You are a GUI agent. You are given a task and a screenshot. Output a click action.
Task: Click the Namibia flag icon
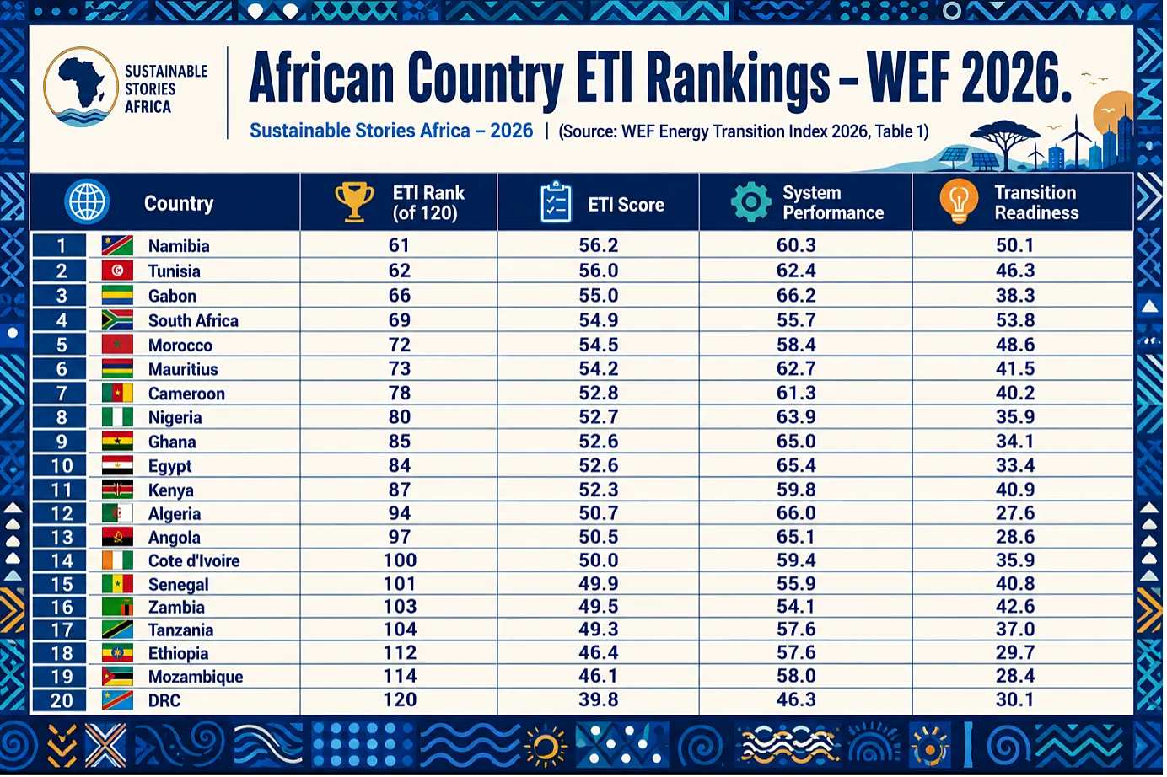pyautogui.click(x=117, y=245)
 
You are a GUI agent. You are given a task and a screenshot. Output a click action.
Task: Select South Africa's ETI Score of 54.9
pyautogui.click(x=598, y=320)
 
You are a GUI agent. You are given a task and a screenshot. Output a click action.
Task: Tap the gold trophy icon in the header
pyautogui.click(x=354, y=202)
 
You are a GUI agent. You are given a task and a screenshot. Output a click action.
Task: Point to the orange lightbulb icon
pyautogui.click(x=959, y=201)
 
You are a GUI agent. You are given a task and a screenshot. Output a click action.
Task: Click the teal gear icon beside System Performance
pyautogui.click(x=750, y=202)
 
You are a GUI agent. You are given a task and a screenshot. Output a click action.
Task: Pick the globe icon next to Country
pyautogui.click(x=87, y=201)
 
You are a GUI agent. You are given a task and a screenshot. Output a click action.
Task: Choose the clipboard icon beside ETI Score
pyautogui.click(x=556, y=202)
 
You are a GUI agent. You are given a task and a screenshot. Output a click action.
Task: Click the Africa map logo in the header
pyautogui.click(x=81, y=87)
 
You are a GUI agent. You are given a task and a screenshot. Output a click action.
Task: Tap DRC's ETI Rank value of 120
pyautogui.click(x=400, y=699)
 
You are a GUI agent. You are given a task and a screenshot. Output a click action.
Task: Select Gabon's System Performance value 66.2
pyautogui.click(x=796, y=296)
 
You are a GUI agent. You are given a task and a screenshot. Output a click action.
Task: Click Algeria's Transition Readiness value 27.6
pyautogui.click(x=1015, y=513)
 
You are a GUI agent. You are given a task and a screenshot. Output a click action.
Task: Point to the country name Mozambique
pyautogui.click(x=196, y=677)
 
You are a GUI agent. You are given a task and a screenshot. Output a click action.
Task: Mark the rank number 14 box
pyautogui.click(x=60, y=561)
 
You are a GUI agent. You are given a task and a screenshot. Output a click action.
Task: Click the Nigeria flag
pyautogui.click(x=117, y=417)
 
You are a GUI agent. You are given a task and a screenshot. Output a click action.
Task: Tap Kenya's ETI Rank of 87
pyautogui.click(x=400, y=490)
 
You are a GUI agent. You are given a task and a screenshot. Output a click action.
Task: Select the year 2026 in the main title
pyautogui.click(x=1015, y=78)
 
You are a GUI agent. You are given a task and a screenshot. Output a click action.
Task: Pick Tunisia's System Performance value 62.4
pyautogui.click(x=796, y=271)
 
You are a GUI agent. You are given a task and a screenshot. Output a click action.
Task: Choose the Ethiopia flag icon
pyautogui.click(x=117, y=653)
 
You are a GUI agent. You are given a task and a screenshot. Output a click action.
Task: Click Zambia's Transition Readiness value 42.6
pyautogui.click(x=1015, y=607)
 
